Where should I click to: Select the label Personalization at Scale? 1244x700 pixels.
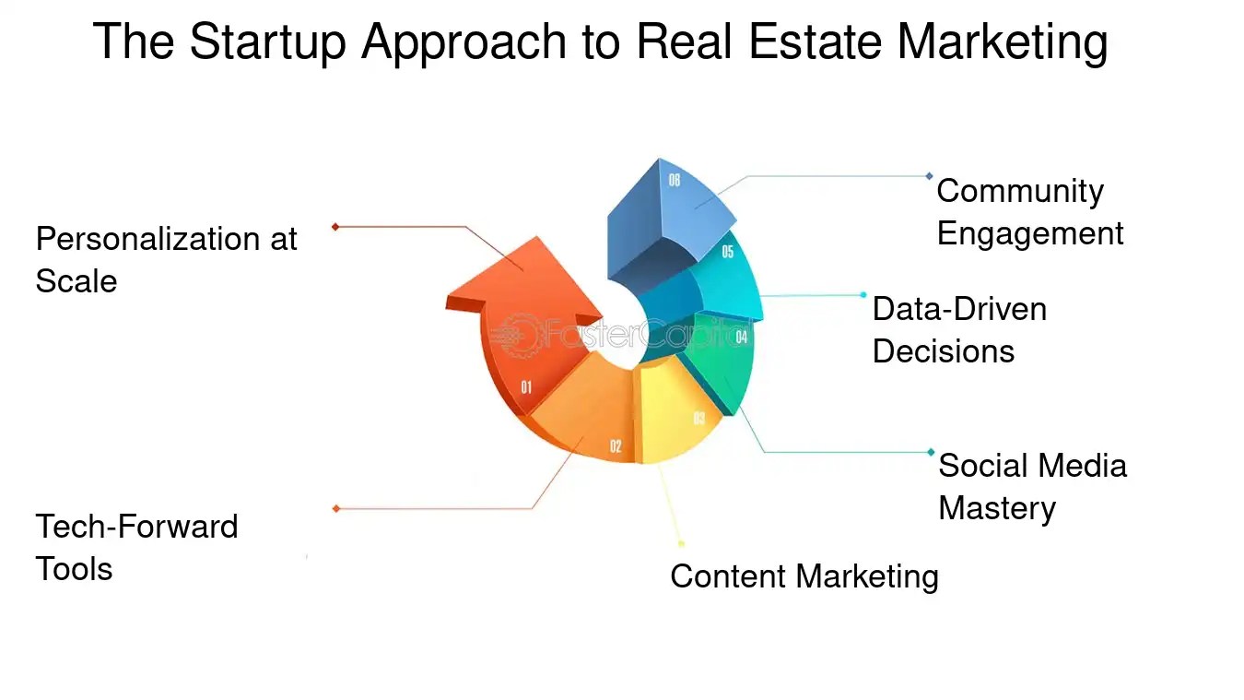(166, 259)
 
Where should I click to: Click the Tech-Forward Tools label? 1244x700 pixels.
(136, 547)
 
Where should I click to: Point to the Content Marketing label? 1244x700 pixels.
(804, 576)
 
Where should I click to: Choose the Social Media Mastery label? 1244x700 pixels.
(1032, 486)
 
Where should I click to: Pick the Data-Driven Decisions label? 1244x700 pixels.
(959, 329)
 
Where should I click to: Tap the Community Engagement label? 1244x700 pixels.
(1029, 211)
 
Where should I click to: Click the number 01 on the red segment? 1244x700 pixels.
(526, 387)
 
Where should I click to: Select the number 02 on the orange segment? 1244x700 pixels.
(616, 447)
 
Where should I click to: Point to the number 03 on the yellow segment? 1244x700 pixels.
(699, 420)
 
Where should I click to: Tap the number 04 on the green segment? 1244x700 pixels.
(741, 338)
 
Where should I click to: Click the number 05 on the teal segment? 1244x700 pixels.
(728, 252)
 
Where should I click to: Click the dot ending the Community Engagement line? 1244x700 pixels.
(929, 176)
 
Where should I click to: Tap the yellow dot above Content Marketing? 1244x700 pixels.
(681, 544)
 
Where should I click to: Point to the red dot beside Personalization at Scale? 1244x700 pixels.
(335, 227)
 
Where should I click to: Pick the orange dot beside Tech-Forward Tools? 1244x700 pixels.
(336, 508)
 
